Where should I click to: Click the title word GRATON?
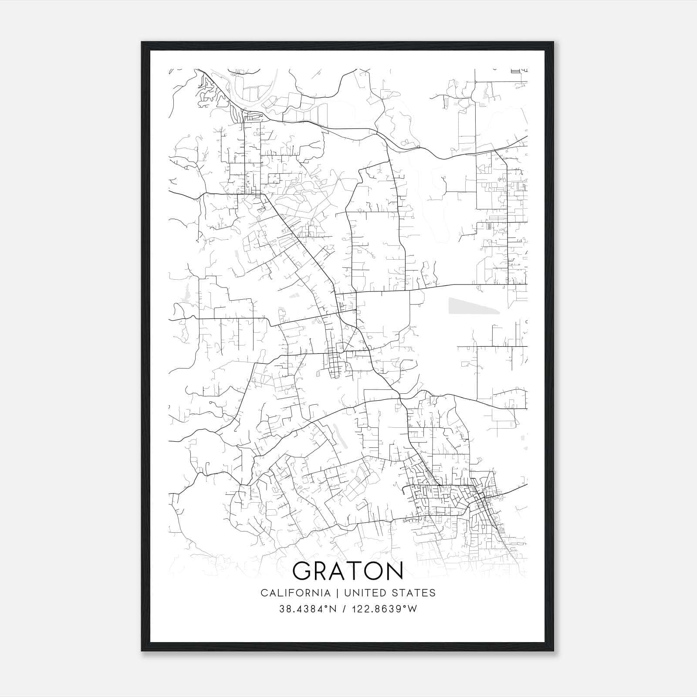pyautogui.click(x=348, y=571)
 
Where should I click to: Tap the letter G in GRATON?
pyautogui.click(x=301, y=571)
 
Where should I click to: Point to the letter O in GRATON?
pyautogui.click(x=371, y=571)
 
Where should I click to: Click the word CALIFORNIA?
pyautogui.click(x=295, y=593)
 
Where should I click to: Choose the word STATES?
pyautogui.click(x=414, y=593)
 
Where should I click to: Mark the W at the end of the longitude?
pyautogui.click(x=413, y=609)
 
